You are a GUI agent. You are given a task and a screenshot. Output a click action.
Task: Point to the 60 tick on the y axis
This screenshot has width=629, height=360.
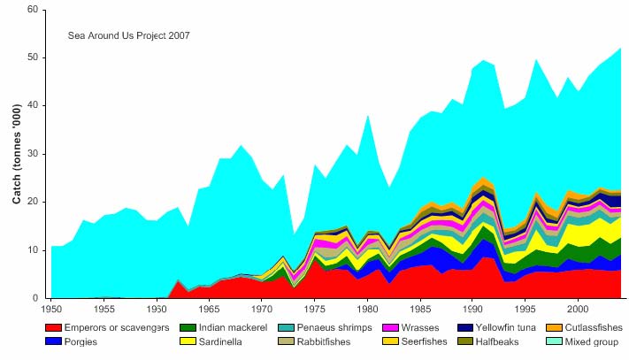click(32, 10)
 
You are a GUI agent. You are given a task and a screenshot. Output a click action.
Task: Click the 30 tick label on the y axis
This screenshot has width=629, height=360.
click(32, 154)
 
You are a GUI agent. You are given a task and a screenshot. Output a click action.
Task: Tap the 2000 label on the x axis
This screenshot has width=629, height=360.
click(577, 310)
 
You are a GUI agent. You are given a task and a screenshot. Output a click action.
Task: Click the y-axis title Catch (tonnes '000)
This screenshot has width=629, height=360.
click(16, 154)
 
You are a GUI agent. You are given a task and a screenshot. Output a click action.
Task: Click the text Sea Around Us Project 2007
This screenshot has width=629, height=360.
click(129, 36)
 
